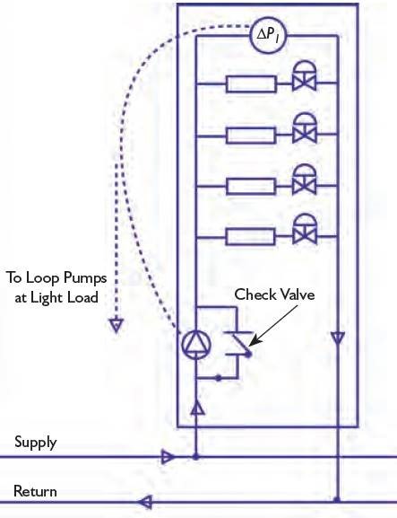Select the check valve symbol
point(239,344)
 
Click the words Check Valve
point(274,294)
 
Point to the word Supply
point(36,443)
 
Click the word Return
point(35,491)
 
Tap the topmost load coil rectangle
point(251,83)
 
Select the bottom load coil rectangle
point(251,236)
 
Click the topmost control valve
point(305,76)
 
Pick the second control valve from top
point(305,128)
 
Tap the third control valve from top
point(305,180)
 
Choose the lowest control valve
point(305,230)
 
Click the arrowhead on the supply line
point(168,457)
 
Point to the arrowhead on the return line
point(145,502)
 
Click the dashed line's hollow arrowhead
point(117,325)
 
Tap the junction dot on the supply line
point(196,457)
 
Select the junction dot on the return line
point(337,499)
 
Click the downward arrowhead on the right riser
point(338,338)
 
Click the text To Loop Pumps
point(56,277)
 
